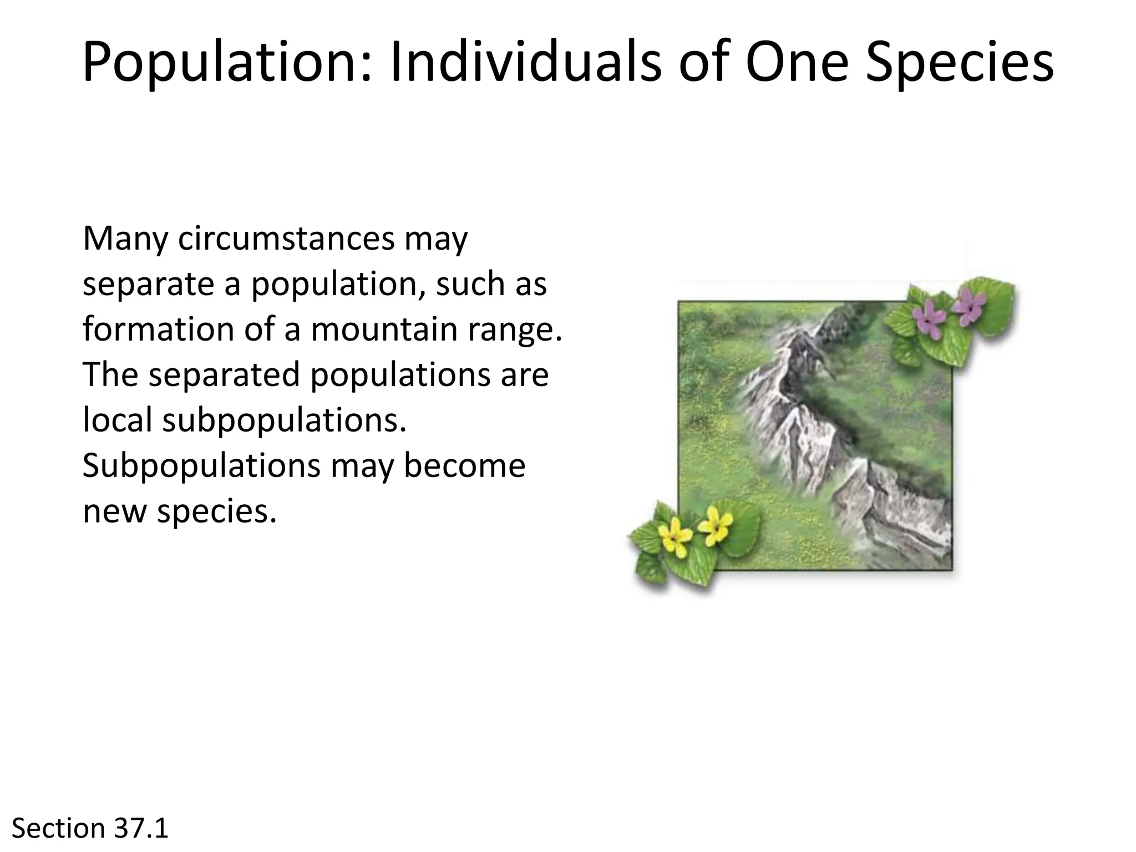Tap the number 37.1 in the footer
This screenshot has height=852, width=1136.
coord(141,829)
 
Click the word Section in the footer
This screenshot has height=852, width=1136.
coord(58,829)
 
